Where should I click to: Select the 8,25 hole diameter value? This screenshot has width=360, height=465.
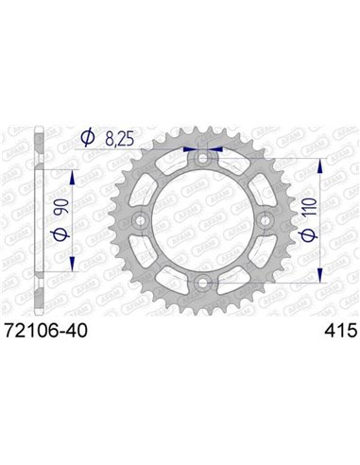[122, 139]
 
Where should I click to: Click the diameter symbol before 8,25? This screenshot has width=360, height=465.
[89, 139]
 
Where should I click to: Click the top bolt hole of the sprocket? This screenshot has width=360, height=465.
[200, 159]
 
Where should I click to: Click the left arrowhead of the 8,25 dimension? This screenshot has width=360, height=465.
[192, 148]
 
